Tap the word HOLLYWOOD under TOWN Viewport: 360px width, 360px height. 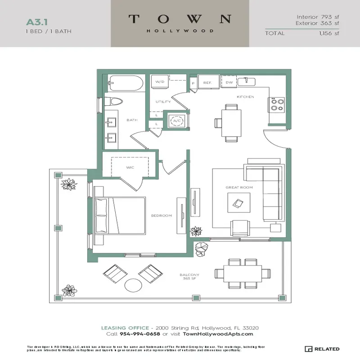pyautogui.click(x=180, y=31)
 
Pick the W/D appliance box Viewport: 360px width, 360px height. pyautogui.click(x=159, y=82)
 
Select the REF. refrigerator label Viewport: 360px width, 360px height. pyautogui.click(x=207, y=83)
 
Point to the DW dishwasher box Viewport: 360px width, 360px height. pyautogui.click(x=229, y=82)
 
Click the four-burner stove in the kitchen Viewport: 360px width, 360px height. pyautogui.click(x=277, y=105)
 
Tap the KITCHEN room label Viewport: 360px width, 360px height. pyautogui.click(x=246, y=97)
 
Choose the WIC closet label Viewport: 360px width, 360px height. pyautogui.click(x=130, y=167)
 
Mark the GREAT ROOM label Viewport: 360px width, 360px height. pyautogui.click(x=239, y=187)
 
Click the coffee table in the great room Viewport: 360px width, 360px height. pyautogui.click(x=238, y=203)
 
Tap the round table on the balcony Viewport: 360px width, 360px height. pyautogui.click(x=133, y=285)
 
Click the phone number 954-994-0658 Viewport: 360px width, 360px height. pyautogui.click(x=140, y=334)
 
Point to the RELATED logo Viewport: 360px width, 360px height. pyautogui.click(x=323, y=349)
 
